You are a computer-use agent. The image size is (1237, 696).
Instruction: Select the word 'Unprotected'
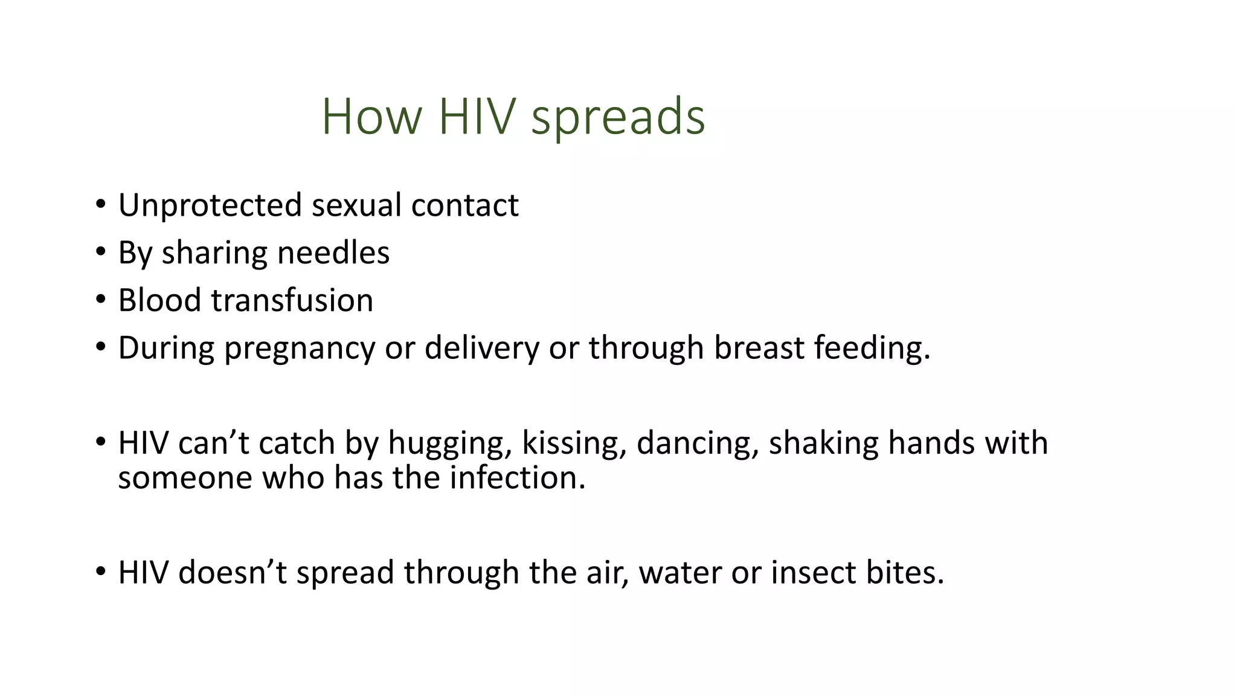pos(210,205)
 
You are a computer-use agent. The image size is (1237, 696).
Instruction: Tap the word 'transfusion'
pos(292,300)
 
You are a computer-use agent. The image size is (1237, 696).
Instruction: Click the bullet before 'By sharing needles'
pos(100,251)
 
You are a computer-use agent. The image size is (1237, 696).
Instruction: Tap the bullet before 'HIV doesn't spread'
pos(100,571)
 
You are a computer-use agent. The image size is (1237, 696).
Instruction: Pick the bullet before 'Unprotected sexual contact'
pos(100,204)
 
